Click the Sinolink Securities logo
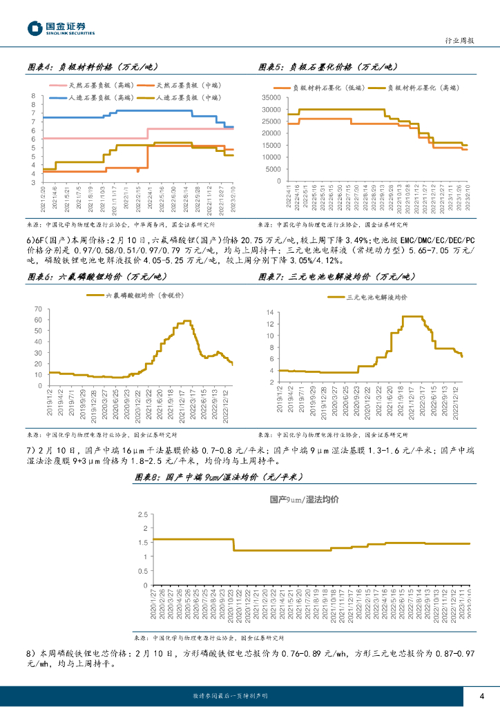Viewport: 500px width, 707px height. tap(61, 28)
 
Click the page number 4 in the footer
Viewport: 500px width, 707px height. tap(481, 695)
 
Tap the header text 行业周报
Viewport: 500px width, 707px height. tap(457, 41)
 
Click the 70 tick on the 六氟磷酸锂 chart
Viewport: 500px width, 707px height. tap(37, 309)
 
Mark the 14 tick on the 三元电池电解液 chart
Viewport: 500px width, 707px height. tap(271, 312)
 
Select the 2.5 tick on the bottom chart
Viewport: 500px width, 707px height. tap(142, 515)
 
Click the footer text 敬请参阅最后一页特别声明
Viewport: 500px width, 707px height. tap(231, 695)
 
